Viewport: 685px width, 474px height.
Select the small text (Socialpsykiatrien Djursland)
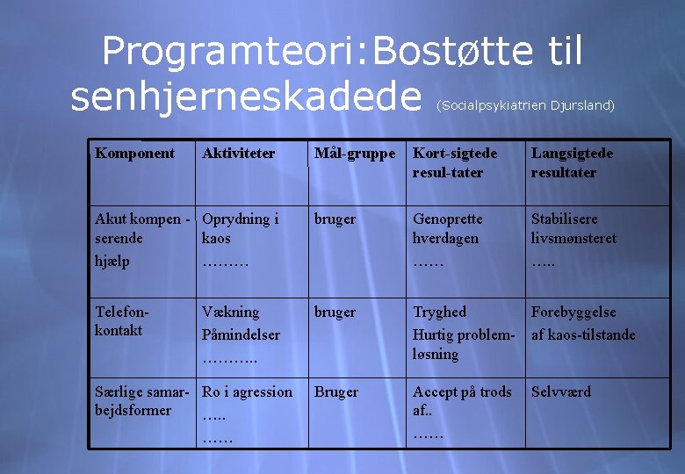point(524,105)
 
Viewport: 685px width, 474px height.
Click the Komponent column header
point(134,154)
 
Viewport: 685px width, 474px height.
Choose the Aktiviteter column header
point(239,154)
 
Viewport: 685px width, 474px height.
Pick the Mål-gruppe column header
point(356,154)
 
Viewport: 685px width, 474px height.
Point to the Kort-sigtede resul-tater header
point(455,162)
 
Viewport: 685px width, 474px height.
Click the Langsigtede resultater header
point(572,162)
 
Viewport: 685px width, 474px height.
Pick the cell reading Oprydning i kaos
point(240,228)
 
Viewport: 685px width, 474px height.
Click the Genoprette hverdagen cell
point(448,228)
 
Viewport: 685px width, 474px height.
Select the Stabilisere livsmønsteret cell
point(573,228)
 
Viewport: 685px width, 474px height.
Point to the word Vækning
point(231,312)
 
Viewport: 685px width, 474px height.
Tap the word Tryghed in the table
point(440,312)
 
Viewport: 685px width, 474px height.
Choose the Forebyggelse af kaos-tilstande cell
point(583,322)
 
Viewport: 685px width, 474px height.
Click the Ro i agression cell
point(247,392)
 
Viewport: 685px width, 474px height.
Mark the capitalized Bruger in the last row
point(336,392)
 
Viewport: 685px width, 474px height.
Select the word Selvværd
point(561,392)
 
